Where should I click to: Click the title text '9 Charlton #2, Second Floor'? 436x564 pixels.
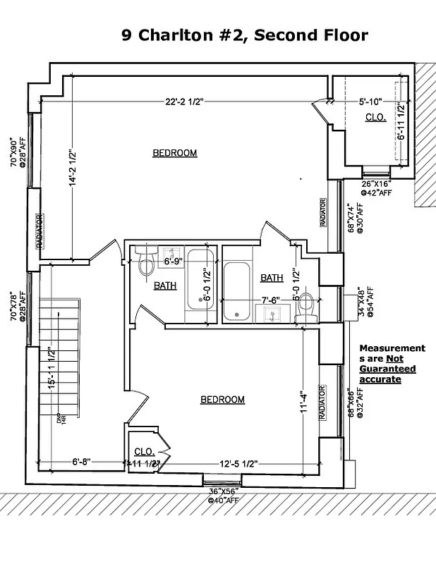point(245,35)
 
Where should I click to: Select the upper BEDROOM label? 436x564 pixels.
point(175,152)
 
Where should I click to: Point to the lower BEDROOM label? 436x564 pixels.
point(223,400)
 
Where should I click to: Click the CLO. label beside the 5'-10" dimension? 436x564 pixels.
point(375,118)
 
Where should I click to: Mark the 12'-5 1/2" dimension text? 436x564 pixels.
point(238,463)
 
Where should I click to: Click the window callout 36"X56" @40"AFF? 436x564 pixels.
point(223,495)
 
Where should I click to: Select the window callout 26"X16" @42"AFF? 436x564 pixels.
point(376,187)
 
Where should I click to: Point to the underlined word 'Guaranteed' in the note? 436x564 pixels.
point(387,369)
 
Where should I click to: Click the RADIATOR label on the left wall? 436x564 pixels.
point(40,232)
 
